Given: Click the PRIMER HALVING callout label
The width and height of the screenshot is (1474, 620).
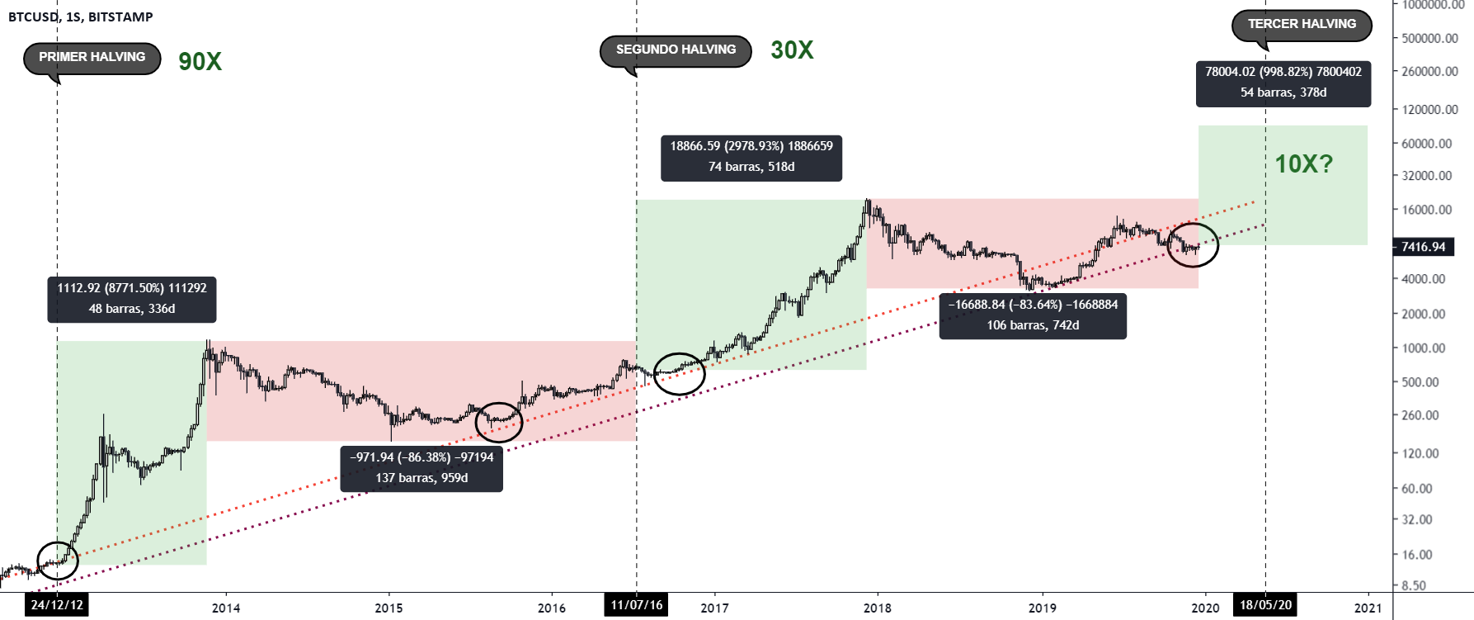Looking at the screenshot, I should tap(92, 58).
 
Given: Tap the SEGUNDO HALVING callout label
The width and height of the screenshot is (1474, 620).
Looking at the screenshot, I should tap(676, 50).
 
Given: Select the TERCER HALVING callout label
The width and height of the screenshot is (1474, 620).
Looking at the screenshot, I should tap(1301, 25).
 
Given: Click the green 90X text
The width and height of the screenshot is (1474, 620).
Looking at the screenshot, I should tap(200, 62).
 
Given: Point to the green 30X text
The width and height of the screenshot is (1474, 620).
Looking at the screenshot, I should tap(792, 50).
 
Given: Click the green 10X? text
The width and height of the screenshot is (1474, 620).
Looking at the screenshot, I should tap(1303, 164).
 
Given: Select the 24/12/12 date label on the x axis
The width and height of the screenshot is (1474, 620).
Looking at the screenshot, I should tap(57, 605).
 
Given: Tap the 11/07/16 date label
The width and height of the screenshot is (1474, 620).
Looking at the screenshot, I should tap(636, 605).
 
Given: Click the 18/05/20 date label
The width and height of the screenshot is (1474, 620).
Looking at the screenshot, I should tap(1265, 605).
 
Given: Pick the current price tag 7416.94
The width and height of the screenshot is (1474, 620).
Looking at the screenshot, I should tap(1423, 247).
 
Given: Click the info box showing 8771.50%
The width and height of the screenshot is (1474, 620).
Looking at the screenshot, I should tap(132, 299).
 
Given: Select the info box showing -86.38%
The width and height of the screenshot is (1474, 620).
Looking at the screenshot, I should tap(421, 468).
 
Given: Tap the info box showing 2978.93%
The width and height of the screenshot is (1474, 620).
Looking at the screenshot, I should tap(751, 157).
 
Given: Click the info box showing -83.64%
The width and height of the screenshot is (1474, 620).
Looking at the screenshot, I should tap(1033, 315).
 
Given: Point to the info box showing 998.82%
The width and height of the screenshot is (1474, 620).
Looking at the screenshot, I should tap(1283, 83).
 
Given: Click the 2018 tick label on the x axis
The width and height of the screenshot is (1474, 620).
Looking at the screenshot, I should tap(877, 608).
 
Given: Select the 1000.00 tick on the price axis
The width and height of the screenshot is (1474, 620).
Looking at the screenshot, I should tap(1423, 348).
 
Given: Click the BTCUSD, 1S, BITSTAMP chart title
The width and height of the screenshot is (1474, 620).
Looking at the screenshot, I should tap(80, 17).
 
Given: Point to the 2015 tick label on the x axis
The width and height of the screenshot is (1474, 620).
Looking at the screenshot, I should tap(389, 608).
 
